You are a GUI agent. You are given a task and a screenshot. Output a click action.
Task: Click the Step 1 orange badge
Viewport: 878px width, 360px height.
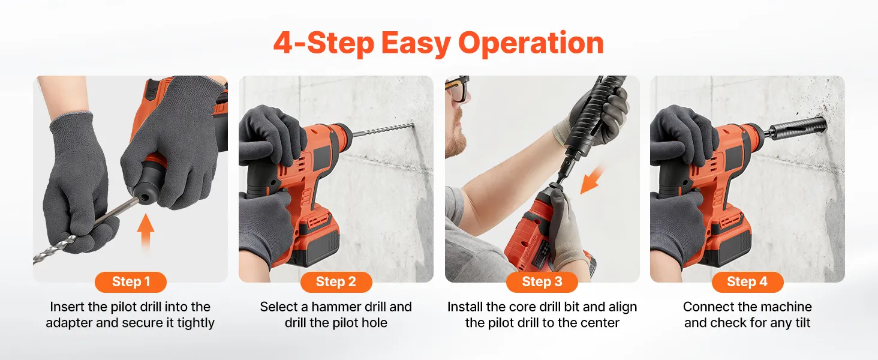(131, 282)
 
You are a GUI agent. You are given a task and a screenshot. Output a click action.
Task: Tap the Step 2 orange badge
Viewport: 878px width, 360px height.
(336, 282)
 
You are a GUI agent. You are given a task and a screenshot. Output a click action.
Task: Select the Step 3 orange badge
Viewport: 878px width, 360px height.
(542, 282)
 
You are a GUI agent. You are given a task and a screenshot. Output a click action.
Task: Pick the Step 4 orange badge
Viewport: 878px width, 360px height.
(747, 282)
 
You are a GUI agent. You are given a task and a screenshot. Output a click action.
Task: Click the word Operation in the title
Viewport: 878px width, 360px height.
(531, 43)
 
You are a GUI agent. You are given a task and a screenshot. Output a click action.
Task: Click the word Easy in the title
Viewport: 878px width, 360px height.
(416, 43)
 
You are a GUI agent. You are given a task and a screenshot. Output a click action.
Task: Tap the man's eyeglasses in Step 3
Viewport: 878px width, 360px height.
(456, 88)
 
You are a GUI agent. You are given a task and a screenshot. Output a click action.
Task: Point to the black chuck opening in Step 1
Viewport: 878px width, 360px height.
(143, 195)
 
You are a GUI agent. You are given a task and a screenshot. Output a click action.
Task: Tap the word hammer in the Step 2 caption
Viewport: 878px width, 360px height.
(335, 307)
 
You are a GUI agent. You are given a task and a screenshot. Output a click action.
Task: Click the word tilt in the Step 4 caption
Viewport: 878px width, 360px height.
(799, 323)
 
